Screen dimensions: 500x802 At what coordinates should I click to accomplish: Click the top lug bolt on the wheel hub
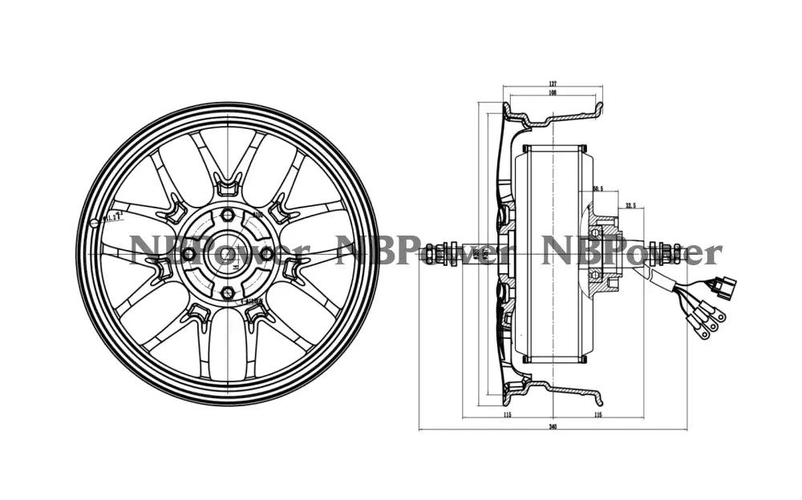pos(228,215)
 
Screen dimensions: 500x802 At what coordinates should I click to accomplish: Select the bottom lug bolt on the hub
pos(228,292)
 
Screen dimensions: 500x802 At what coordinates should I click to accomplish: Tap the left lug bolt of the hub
pos(189,254)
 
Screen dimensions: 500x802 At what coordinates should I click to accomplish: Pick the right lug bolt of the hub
pos(266,253)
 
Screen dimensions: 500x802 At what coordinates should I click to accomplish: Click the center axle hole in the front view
pos(228,254)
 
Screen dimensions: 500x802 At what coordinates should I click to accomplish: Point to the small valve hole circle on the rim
pos(95,222)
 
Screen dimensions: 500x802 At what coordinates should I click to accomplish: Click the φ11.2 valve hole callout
pos(111,216)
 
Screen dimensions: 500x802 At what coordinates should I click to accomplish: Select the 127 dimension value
pos(553,83)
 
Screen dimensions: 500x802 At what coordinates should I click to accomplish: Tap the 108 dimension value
pos(553,93)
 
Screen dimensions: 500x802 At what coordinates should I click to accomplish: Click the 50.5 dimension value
pos(597,189)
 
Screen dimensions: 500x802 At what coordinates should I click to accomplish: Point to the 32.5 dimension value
pos(630,206)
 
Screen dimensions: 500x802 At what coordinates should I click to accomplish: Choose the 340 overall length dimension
pos(553,426)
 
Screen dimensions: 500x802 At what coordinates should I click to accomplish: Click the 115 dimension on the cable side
pos(598,414)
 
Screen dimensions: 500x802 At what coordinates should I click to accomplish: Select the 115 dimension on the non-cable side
pos(507,414)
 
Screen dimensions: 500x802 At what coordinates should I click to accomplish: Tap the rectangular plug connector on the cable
pos(726,287)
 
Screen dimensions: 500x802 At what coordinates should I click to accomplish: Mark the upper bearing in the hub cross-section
pos(595,233)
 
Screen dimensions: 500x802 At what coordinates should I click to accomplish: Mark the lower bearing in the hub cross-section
pos(595,275)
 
